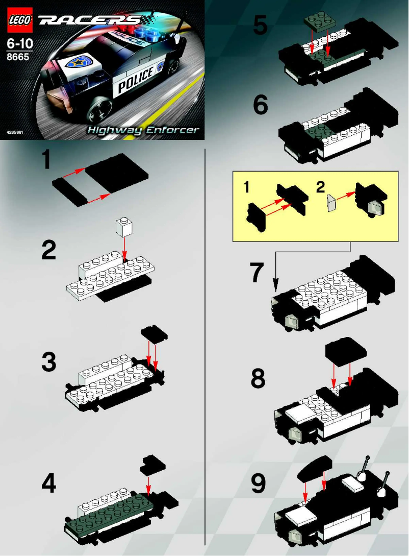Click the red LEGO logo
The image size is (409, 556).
point(19,20)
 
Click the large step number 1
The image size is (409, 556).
point(46,160)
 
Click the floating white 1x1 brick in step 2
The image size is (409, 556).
point(122,226)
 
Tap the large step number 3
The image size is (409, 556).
point(49,362)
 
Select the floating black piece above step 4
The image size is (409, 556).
point(152,464)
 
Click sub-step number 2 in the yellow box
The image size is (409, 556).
point(320,187)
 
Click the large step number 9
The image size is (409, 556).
point(258,484)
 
